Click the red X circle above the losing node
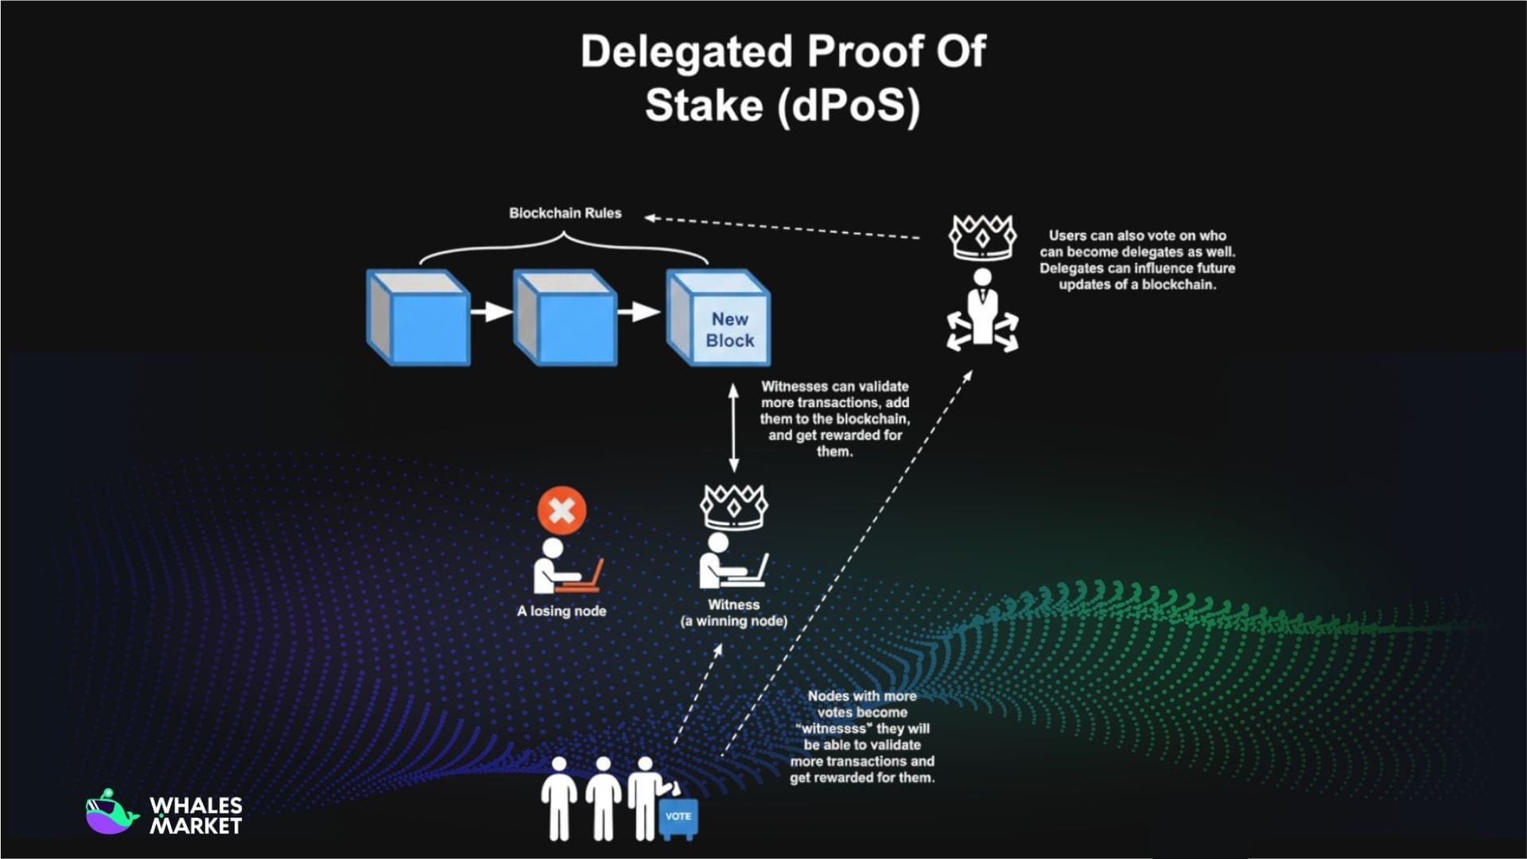561,510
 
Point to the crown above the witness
733,507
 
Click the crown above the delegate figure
982,236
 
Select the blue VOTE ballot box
678,819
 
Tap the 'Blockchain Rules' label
565,213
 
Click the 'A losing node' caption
561,611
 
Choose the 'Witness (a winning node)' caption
733,613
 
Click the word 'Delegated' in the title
686,52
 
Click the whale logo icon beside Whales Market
111,813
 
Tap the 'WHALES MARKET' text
196,816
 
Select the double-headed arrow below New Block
733,428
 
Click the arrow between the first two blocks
491,311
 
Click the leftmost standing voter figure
559,799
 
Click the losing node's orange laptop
585,578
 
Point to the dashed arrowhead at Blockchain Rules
650,217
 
